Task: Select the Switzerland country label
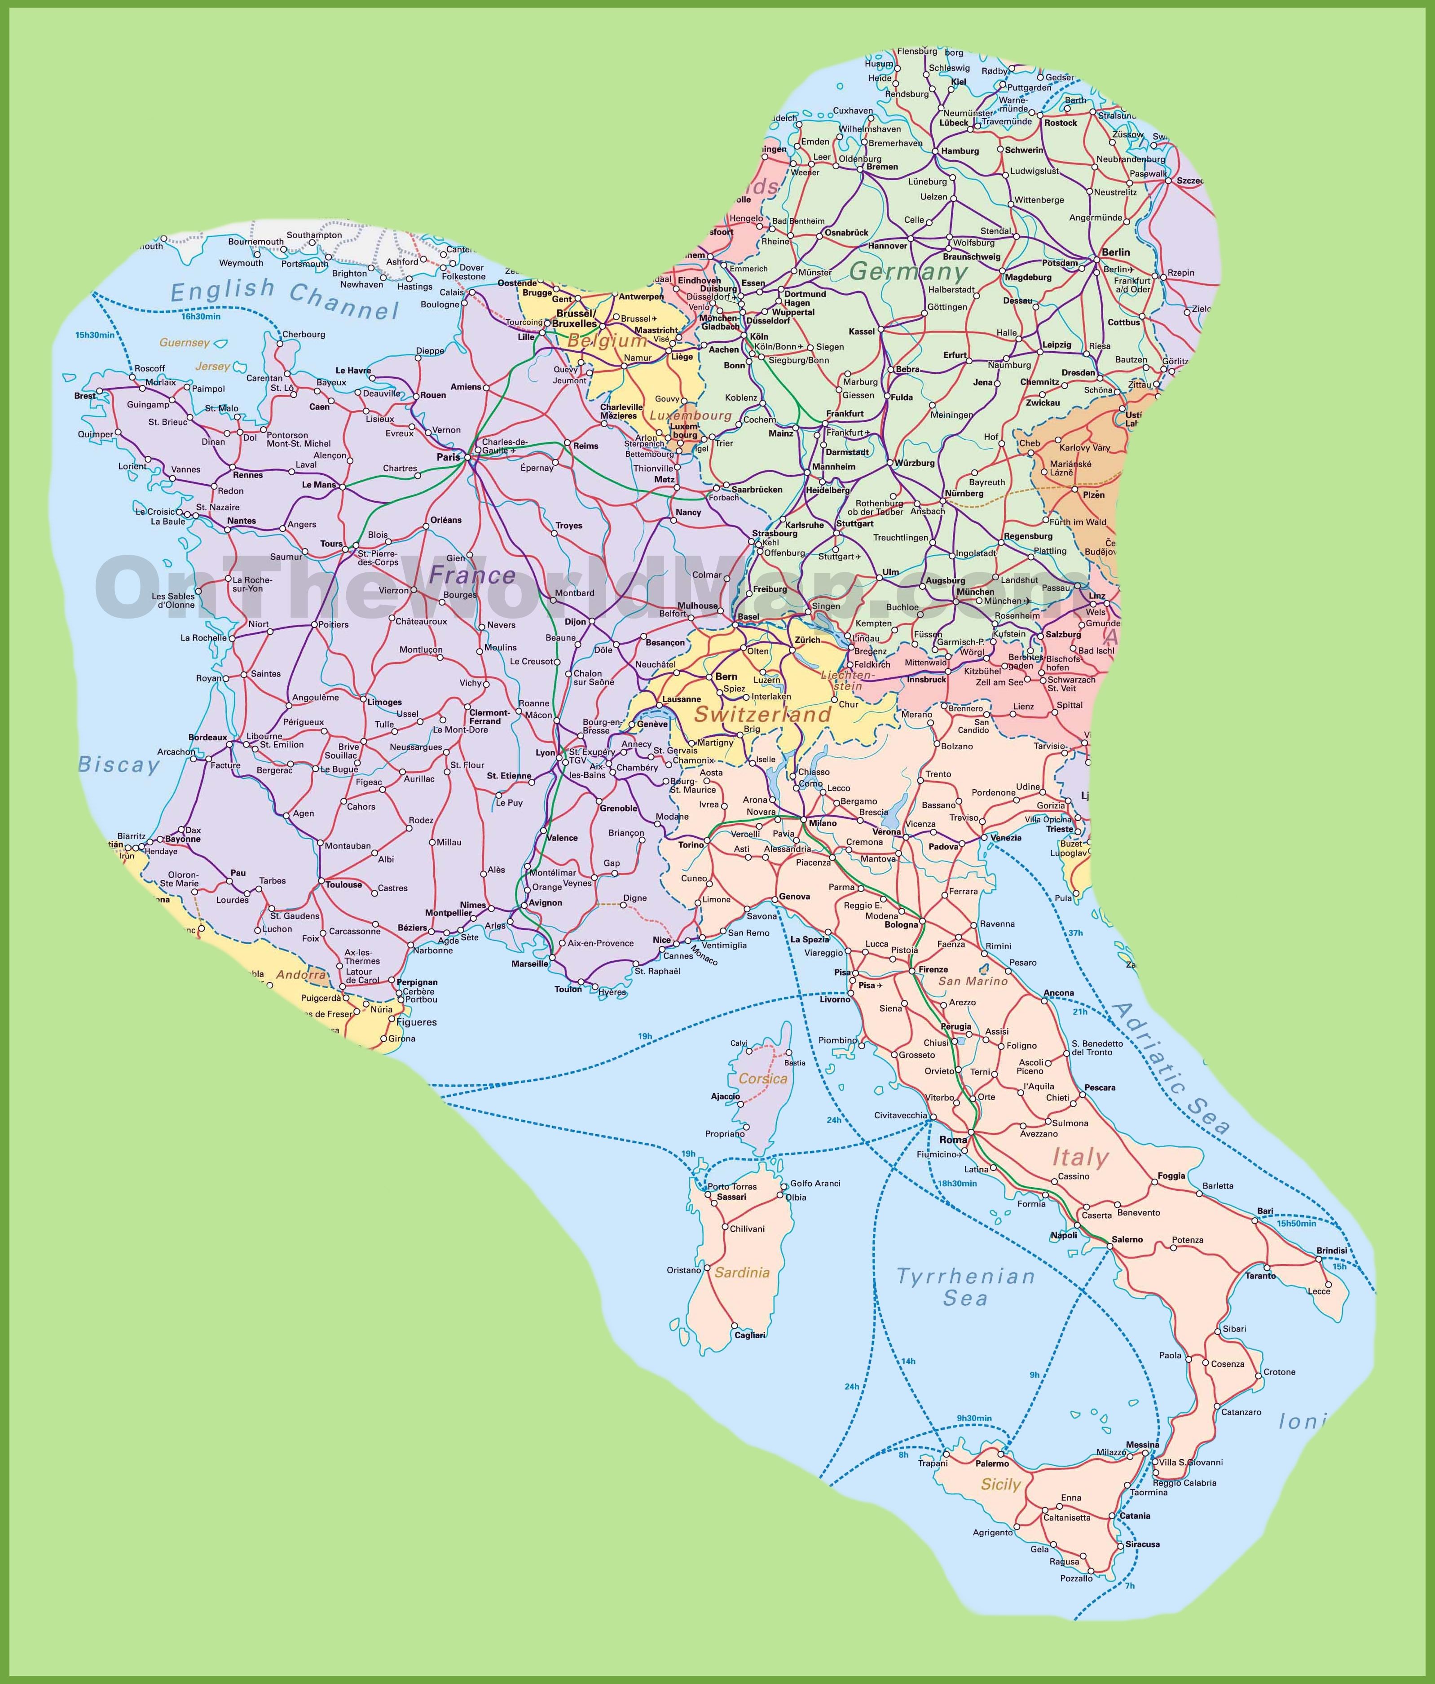(762, 714)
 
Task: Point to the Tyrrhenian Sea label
(965, 1286)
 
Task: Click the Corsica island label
(763, 1078)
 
